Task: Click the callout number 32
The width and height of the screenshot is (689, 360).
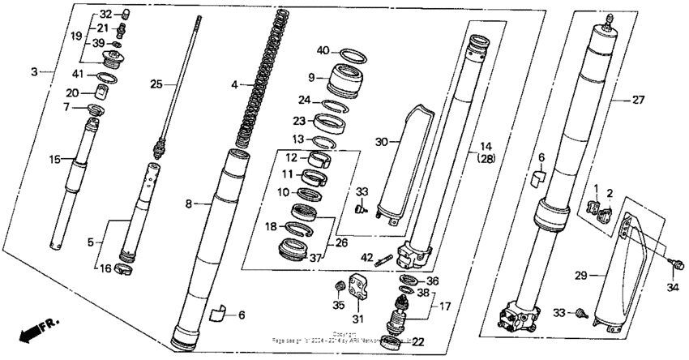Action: (106, 15)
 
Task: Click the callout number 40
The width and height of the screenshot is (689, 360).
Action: (323, 51)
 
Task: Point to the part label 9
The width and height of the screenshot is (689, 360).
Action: (310, 77)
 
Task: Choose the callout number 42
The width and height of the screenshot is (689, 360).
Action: (366, 258)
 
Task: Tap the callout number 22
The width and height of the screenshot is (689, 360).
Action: (417, 341)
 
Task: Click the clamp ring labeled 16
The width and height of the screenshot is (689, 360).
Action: (123, 268)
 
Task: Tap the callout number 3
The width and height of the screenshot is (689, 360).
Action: (34, 72)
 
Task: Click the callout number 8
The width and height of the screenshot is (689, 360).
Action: (188, 204)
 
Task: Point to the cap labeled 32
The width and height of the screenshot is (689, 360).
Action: (126, 14)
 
